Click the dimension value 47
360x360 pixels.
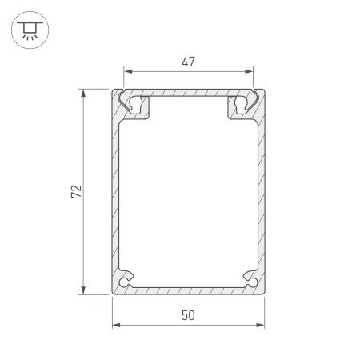(x=188, y=61)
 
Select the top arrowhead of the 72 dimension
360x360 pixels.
(x=84, y=94)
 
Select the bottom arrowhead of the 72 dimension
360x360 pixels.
(x=84, y=290)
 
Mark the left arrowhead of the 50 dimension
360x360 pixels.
(x=115, y=326)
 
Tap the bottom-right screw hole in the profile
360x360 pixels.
(x=250, y=282)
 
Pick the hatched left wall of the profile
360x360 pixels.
(x=114, y=192)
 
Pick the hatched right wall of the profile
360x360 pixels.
(x=262, y=192)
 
